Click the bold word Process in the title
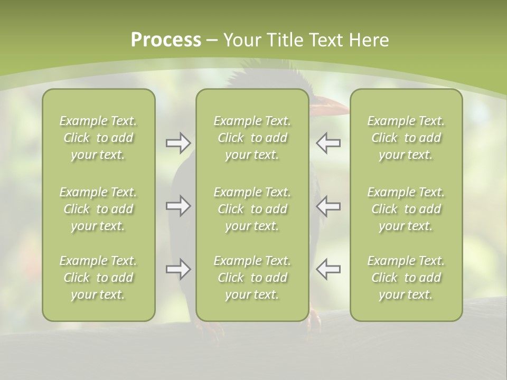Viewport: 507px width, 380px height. tap(166, 40)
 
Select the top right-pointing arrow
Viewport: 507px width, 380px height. tap(178, 143)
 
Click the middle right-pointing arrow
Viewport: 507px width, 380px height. tap(178, 206)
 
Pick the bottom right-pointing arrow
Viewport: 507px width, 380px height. tap(178, 269)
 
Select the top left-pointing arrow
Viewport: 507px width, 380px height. tap(328, 143)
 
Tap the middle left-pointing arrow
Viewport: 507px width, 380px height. tap(328, 206)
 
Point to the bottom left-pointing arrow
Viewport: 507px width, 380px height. tap(328, 269)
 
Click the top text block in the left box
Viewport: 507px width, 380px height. tap(98, 138)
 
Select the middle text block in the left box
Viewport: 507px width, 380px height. tap(98, 209)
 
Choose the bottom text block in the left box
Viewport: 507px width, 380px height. tap(98, 278)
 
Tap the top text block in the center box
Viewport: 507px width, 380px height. tap(252, 138)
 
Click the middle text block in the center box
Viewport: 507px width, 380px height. tap(252, 209)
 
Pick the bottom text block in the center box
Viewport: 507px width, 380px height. tap(252, 278)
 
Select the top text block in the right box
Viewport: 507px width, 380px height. tap(406, 138)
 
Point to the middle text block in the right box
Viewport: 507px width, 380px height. tap(406, 209)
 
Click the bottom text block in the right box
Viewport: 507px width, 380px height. tap(406, 278)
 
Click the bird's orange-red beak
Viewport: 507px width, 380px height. tap(330, 108)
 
